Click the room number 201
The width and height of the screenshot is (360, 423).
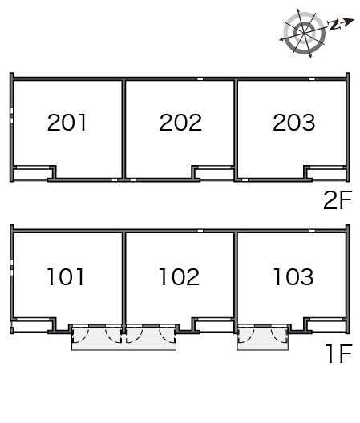pyautogui.click(x=67, y=123)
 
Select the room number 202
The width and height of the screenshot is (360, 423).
pyautogui.click(x=180, y=123)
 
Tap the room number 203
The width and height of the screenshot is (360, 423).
pyautogui.click(x=293, y=123)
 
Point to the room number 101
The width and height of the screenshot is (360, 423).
pyautogui.click(x=66, y=276)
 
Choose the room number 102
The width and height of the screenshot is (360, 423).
pyautogui.click(x=180, y=276)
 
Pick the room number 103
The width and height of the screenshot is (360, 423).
pyautogui.click(x=293, y=276)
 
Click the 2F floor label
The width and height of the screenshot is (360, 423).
pyautogui.click(x=338, y=200)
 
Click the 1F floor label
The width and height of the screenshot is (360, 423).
pyautogui.click(x=339, y=353)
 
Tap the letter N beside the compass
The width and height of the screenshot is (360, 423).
pyautogui.click(x=334, y=25)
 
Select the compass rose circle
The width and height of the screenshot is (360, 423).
pyautogui.click(x=304, y=33)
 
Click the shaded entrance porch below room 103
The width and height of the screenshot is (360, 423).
pyautogui.click(x=262, y=335)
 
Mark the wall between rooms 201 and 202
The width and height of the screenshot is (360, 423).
pyautogui.click(x=123, y=130)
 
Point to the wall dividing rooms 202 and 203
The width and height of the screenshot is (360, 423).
pyautogui.click(x=236, y=130)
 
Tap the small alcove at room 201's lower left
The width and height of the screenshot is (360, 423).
pyautogui.click(x=32, y=174)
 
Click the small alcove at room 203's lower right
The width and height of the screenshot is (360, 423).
pyautogui.click(x=327, y=174)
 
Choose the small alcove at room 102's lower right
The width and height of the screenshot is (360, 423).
pyautogui.click(x=215, y=326)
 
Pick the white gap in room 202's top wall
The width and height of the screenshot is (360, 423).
pyautogui.click(x=200, y=79)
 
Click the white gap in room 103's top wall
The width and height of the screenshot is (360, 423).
pyautogui.click(x=312, y=231)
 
